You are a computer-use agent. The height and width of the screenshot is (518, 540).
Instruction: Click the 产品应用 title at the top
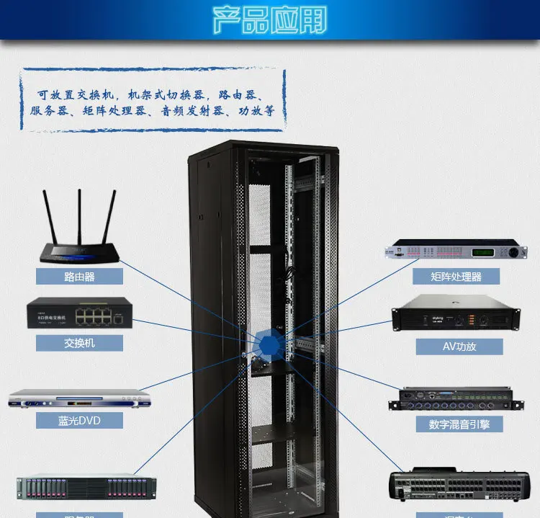(x=270, y=20)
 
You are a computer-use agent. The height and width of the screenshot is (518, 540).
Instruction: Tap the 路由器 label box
(x=80, y=275)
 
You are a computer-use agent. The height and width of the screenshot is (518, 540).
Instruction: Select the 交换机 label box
(x=80, y=342)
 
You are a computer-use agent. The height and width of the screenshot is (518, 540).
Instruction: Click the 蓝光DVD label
(x=80, y=420)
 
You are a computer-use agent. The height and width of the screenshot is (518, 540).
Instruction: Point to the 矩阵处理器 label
(x=456, y=276)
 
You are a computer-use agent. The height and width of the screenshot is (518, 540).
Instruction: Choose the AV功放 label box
(x=459, y=346)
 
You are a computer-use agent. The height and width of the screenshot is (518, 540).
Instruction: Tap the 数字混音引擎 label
(x=459, y=424)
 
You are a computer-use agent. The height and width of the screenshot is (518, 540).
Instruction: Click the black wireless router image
(x=80, y=245)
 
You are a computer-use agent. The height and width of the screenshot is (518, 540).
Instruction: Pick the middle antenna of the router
(x=79, y=213)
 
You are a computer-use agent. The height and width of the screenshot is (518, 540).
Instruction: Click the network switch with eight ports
(x=80, y=314)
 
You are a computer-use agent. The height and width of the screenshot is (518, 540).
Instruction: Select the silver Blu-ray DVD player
(x=80, y=398)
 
